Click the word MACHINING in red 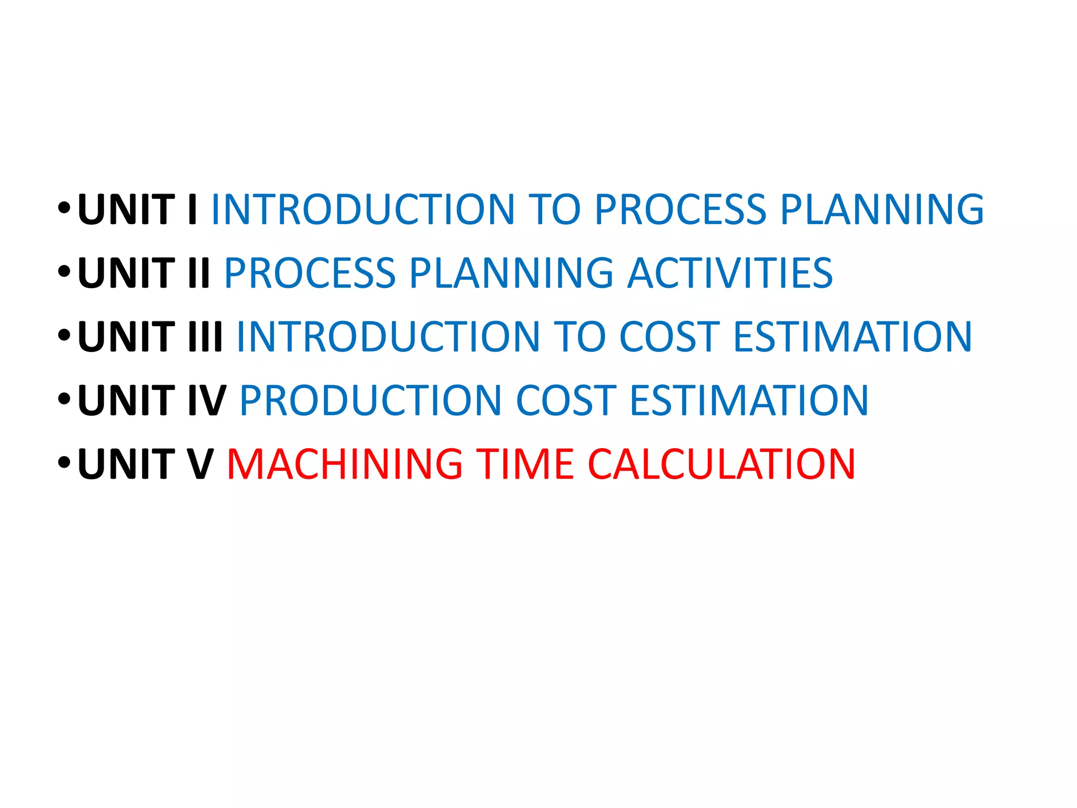pyautogui.click(x=344, y=464)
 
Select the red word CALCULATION pyautogui.click(x=721, y=464)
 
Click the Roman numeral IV pyautogui.click(x=207, y=400)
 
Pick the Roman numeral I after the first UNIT pyautogui.click(x=192, y=209)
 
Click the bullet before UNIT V pyautogui.click(x=64, y=463)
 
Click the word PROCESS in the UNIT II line pyautogui.click(x=310, y=273)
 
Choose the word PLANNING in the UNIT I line pyautogui.click(x=882, y=209)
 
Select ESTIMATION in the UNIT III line pyautogui.click(x=852, y=337)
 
